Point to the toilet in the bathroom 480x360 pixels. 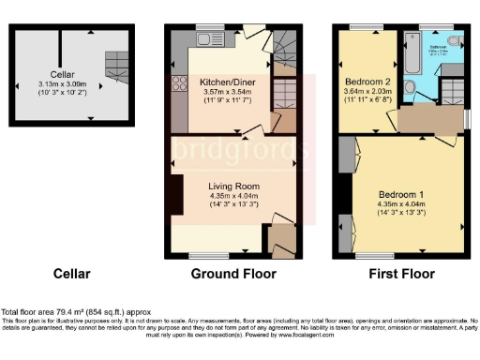click(x=454, y=41)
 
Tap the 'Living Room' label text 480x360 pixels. click(x=232, y=186)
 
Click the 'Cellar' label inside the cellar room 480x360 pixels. click(x=63, y=71)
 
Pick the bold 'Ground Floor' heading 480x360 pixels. click(x=233, y=275)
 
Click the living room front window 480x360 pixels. click(x=204, y=256)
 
